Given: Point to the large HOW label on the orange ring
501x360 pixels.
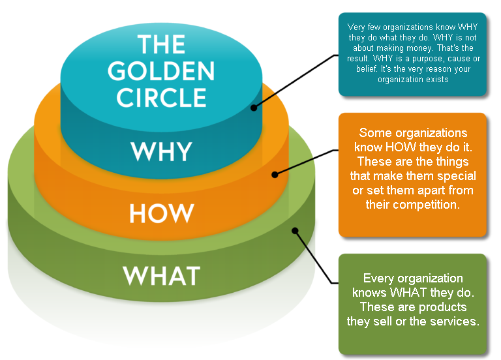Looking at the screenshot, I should tap(161, 213).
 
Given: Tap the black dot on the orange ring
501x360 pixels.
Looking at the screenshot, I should tap(275, 174).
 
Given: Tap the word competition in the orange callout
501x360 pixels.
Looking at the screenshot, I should tap(429, 205).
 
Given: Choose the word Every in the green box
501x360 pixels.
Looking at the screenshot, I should tap(377, 278).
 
